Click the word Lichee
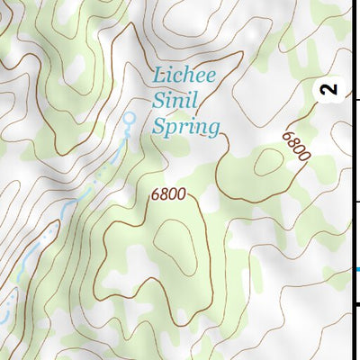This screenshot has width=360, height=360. [x=184, y=76]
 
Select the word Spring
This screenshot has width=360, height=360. [x=186, y=128]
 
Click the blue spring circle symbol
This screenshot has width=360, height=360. [x=129, y=118]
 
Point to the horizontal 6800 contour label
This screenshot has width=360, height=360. [x=168, y=193]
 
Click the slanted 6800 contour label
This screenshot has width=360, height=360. [x=295, y=145]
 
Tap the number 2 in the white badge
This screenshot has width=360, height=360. [x=329, y=89]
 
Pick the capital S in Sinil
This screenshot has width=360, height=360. [x=158, y=101]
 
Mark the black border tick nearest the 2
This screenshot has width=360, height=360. [x=357, y=100]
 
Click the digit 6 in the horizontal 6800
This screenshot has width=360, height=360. [x=156, y=193]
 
